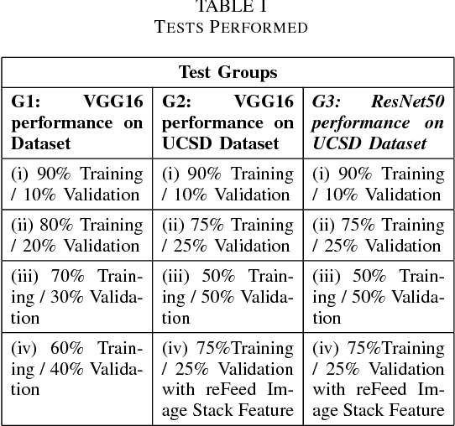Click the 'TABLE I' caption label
[x=228, y=7]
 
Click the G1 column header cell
[x=76, y=122]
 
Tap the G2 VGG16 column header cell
[x=227, y=122]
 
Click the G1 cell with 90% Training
[x=76, y=184]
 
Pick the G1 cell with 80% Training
[x=76, y=236]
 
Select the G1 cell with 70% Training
[x=76, y=297]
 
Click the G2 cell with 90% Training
[x=227, y=184]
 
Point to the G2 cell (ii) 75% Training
[x=227, y=236]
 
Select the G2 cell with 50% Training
[x=227, y=297]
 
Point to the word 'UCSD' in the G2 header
[x=184, y=143]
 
